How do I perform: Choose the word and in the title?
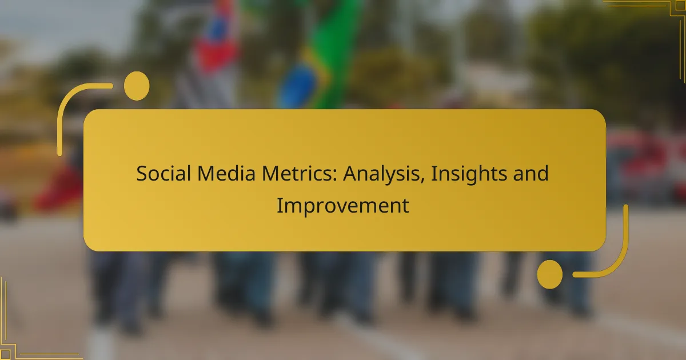(532, 174)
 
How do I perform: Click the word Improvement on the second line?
(343, 206)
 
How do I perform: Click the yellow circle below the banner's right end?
(549, 274)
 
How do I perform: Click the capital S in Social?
(141, 174)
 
